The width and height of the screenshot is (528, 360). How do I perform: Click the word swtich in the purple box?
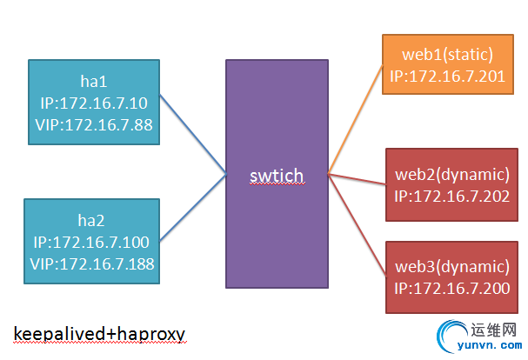(x=276, y=176)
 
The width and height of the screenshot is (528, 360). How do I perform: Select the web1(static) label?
(x=448, y=56)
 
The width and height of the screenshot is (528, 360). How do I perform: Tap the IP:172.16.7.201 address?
(x=448, y=76)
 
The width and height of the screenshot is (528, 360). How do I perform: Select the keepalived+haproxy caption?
(x=99, y=333)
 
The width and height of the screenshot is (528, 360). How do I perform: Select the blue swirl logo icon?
(x=455, y=338)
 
